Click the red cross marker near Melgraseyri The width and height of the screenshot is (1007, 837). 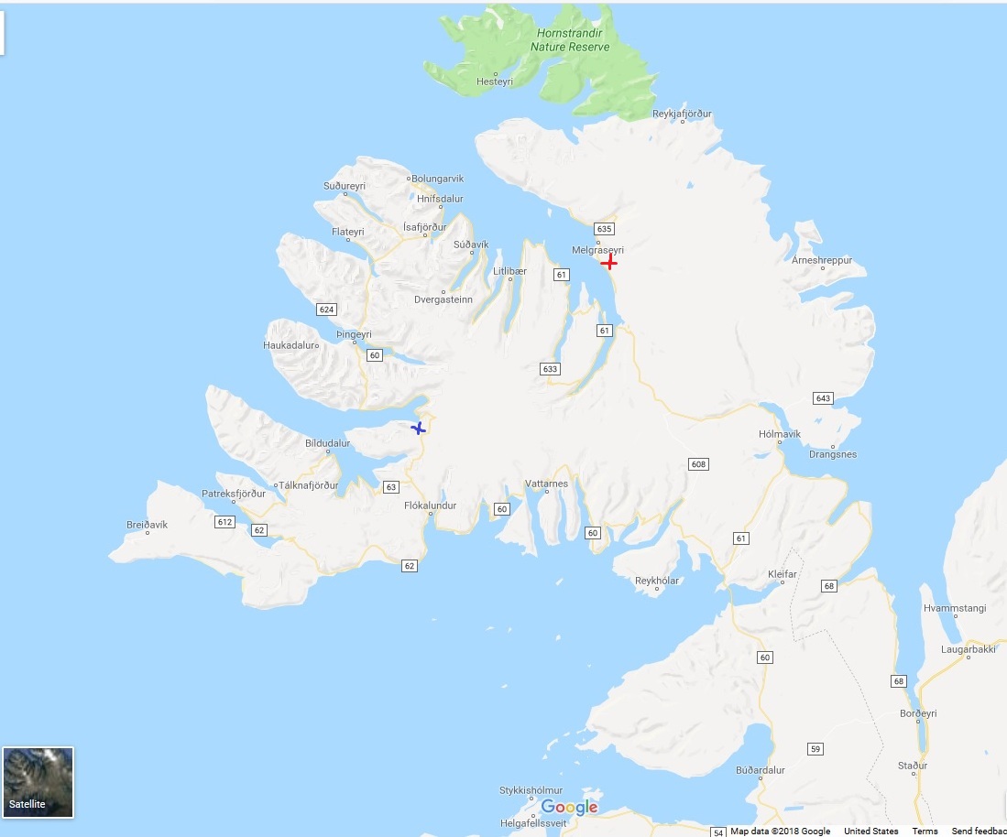pyautogui.click(x=608, y=263)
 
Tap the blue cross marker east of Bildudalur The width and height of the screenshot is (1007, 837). pyautogui.click(x=419, y=428)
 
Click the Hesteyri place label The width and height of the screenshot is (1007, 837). pyautogui.click(x=495, y=82)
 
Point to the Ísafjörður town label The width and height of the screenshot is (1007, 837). pyautogui.click(x=425, y=227)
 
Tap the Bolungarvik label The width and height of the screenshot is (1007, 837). pyautogui.click(x=438, y=179)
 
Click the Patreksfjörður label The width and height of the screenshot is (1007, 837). pyautogui.click(x=234, y=494)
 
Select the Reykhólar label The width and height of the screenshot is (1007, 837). pyautogui.click(x=658, y=581)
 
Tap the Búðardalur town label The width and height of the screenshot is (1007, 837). pyautogui.click(x=761, y=770)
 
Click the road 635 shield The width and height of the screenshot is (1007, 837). pyautogui.click(x=603, y=228)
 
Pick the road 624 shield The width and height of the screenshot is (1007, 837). pyautogui.click(x=326, y=310)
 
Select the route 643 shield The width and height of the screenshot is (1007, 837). pyautogui.click(x=822, y=397)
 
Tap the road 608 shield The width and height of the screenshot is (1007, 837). pyautogui.click(x=698, y=464)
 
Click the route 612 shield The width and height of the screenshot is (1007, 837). pyautogui.click(x=224, y=522)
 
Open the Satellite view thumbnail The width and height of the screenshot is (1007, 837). pyautogui.click(x=38, y=782)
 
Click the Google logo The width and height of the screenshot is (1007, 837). pyautogui.click(x=569, y=807)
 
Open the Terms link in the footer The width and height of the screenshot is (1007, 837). pyautogui.click(x=925, y=832)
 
